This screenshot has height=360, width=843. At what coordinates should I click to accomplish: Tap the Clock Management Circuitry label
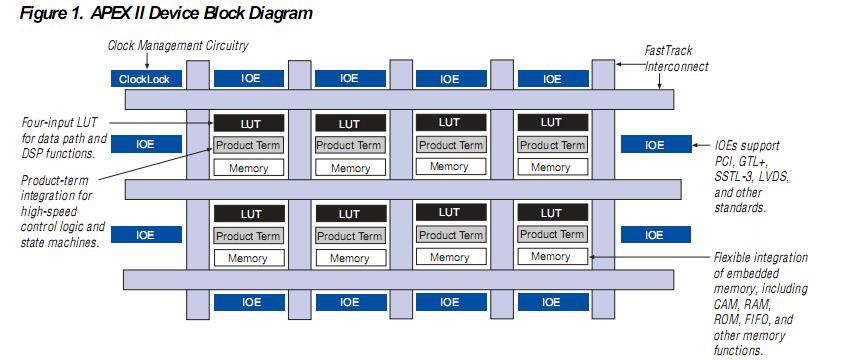click(x=177, y=45)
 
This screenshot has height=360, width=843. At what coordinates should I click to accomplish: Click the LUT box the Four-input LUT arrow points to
click(x=248, y=123)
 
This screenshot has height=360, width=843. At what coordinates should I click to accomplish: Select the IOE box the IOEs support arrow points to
click(x=654, y=145)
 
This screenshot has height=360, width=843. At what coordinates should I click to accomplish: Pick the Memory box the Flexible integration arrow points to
click(x=551, y=257)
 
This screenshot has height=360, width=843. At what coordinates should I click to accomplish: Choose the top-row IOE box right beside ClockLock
click(x=248, y=78)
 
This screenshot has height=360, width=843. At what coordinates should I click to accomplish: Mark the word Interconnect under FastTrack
click(x=678, y=66)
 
